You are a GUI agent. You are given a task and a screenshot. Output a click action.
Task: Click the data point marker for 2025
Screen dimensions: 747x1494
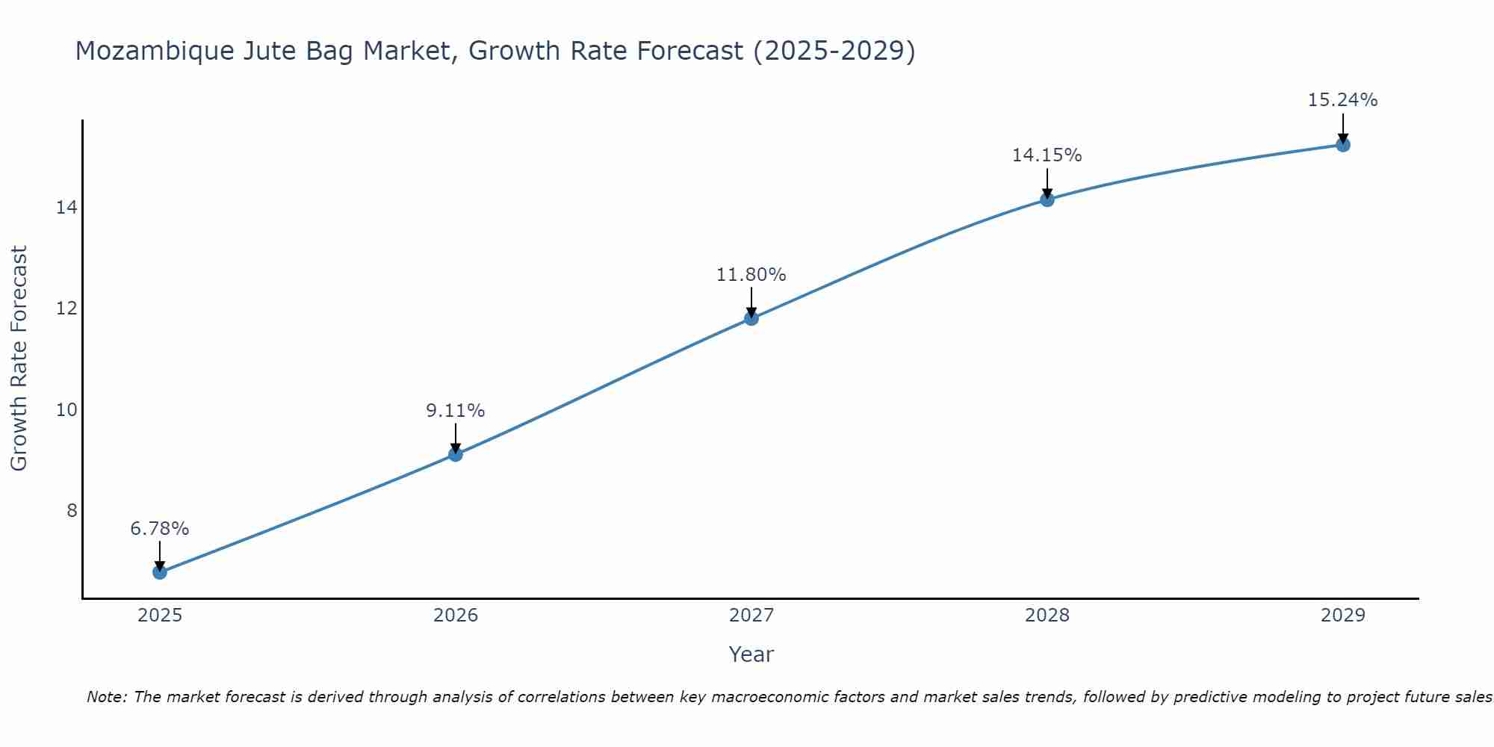click(160, 572)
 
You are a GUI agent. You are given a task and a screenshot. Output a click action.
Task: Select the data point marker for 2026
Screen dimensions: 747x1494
click(456, 454)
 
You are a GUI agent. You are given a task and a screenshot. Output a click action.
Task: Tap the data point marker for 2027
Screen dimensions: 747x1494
click(751, 318)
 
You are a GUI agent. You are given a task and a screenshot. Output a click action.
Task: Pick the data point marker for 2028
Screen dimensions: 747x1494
click(1047, 199)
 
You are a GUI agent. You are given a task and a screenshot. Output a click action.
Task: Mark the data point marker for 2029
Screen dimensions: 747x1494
click(1343, 144)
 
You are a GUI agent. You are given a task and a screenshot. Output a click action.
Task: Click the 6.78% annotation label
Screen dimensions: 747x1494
click(160, 529)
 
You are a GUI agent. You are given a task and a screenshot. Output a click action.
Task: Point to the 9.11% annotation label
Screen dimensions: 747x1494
click(456, 411)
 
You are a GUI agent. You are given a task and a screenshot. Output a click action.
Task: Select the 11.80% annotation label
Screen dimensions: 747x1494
click(751, 275)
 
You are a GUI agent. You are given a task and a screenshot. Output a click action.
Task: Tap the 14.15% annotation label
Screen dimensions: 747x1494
click(1047, 155)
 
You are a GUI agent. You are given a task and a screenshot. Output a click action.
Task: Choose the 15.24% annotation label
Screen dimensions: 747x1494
click(1343, 100)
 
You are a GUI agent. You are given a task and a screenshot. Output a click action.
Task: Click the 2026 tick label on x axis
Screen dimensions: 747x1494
click(456, 616)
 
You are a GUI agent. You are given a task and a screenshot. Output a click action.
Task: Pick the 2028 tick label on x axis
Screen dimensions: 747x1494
click(1047, 616)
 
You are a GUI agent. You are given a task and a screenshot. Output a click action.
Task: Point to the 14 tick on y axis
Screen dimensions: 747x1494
click(66, 208)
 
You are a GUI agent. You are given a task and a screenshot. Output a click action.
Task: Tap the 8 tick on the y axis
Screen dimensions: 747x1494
click(72, 511)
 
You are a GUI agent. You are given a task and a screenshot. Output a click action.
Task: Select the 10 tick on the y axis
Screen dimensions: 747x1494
click(66, 410)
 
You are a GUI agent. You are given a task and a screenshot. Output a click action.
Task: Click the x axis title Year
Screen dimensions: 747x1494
click(751, 654)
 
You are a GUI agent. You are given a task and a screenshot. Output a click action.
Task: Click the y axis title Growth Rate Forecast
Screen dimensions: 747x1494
click(19, 359)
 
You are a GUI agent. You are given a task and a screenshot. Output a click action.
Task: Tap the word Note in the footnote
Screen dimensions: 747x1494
click(108, 697)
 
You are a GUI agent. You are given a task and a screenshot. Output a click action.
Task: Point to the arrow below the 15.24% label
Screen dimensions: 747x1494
click(1343, 127)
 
